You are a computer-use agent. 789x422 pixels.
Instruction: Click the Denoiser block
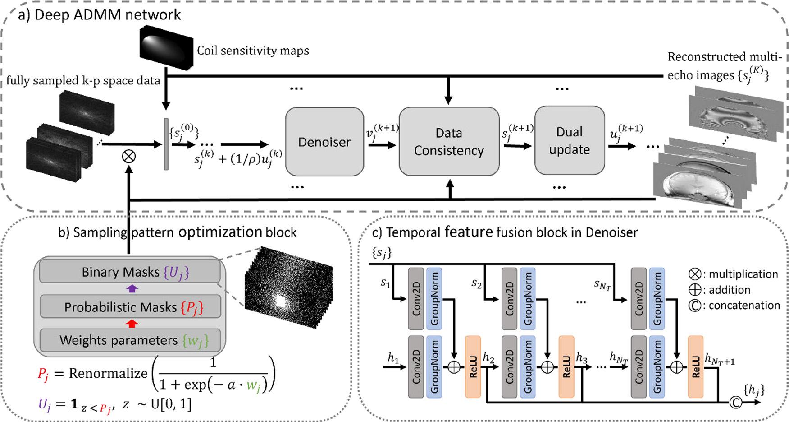(324, 142)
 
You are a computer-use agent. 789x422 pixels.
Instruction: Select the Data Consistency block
(449, 142)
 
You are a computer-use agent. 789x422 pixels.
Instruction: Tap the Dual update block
(570, 140)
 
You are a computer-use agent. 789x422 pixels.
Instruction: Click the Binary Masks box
(130, 272)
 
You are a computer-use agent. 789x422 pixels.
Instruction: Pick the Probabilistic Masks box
(130, 307)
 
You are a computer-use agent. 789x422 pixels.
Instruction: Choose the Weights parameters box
(130, 340)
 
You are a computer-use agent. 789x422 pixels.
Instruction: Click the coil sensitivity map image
(167, 47)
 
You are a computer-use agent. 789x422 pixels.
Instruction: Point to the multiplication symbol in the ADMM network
(129, 157)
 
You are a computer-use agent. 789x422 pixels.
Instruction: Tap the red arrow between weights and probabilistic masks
(132, 324)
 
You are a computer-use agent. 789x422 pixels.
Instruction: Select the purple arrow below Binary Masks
(132, 289)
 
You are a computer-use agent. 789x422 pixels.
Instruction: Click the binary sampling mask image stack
(288, 280)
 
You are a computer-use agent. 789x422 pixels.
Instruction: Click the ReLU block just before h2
(473, 366)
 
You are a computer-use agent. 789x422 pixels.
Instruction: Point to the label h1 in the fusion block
(393, 358)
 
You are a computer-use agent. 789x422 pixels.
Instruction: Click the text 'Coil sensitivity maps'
(253, 51)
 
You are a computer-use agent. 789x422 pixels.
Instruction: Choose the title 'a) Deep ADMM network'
(99, 15)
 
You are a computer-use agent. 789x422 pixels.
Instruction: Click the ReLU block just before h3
(566, 366)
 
